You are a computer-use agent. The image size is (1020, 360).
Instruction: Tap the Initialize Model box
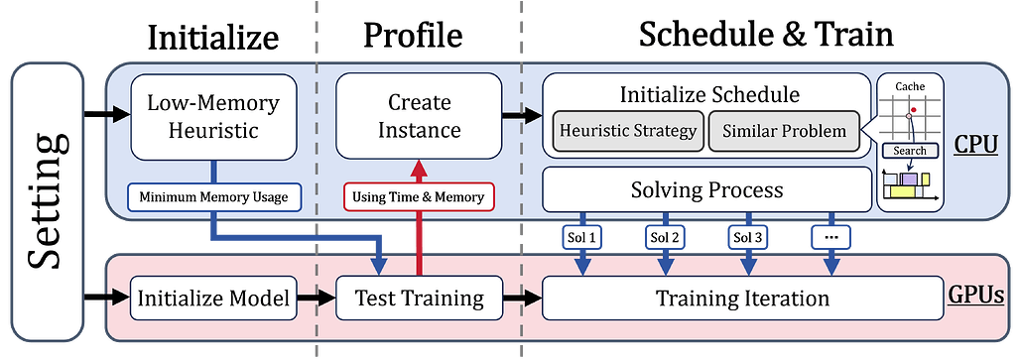214,298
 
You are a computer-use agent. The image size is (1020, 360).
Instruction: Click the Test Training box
419,298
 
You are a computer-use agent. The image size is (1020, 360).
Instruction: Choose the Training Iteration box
742,298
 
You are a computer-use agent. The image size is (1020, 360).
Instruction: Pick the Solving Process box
706,188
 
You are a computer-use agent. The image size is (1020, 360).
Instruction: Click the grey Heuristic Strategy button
627,131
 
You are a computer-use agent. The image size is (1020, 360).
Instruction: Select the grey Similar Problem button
785,131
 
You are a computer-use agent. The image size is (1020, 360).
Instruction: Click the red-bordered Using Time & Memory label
419,197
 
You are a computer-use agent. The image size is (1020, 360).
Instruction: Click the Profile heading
412,36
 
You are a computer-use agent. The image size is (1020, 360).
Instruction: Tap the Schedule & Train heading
765,36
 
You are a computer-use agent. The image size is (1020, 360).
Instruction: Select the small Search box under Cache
910,151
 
